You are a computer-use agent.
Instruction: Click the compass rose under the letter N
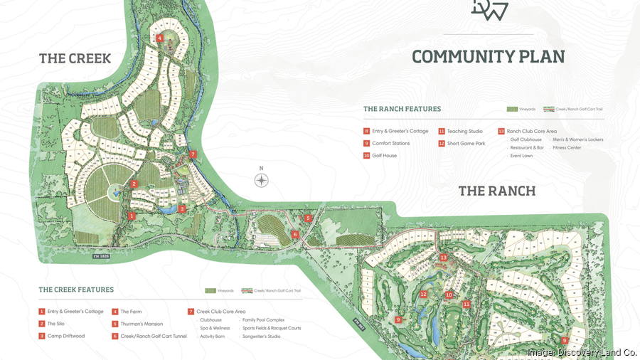click(262, 181)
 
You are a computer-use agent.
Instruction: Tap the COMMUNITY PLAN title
click(488, 57)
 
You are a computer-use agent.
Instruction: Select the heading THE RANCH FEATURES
click(402, 109)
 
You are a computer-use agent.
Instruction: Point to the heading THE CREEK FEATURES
click(76, 290)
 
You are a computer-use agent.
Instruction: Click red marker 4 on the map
click(160, 38)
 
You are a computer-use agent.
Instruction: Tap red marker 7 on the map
click(193, 154)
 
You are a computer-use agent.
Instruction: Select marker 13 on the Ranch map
click(443, 258)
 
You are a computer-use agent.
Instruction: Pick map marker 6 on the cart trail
click(294, 234)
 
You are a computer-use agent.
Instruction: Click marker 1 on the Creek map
click(132, 214)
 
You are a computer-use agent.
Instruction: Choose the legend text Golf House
click(385, 155)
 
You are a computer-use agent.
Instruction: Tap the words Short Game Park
click(466, 143)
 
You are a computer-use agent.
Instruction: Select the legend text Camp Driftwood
click(66, 336)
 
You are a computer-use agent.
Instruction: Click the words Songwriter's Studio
click(265, 336)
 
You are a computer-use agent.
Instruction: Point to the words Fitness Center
click(567, 147)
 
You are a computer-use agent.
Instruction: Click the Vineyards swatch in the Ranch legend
click(512, 109)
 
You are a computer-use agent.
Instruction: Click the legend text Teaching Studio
click(465, 131)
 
